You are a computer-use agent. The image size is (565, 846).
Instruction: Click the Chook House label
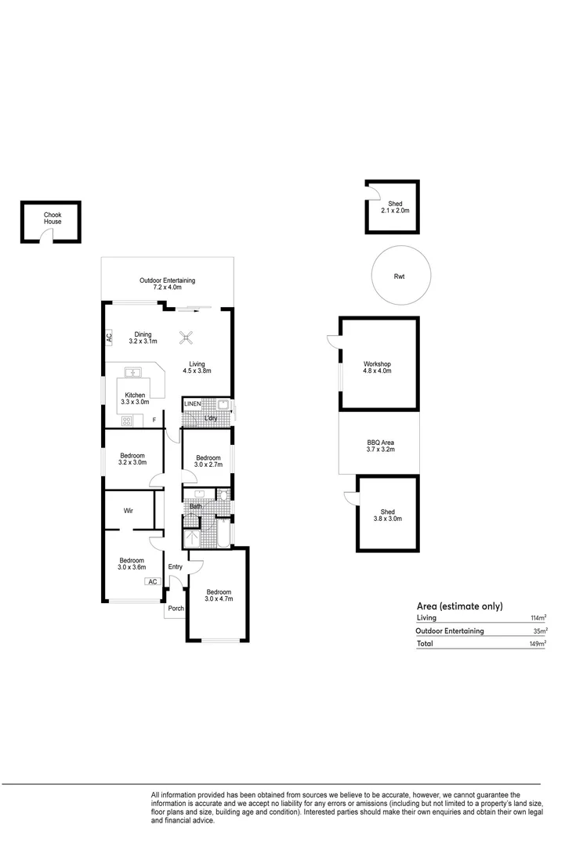[53, 218]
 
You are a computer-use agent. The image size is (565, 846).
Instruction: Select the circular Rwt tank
[400, 276]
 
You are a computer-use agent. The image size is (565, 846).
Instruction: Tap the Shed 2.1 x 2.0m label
[394, 208]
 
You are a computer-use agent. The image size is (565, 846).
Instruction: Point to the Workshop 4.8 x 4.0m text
[377, 367]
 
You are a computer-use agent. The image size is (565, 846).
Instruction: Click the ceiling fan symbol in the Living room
[187, 338]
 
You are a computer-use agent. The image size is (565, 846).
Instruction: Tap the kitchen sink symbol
[133, 372]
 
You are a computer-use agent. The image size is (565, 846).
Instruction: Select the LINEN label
[193, 404]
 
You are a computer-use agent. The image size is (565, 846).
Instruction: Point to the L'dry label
[211, 419]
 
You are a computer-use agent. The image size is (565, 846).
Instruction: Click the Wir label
[128, 511]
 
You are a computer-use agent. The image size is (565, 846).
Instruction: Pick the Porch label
[175, 608]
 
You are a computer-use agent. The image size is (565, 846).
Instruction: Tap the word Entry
[175, 568]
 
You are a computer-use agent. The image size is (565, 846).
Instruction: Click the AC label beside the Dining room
[110, 338]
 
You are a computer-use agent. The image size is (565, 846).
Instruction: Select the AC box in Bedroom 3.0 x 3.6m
[152, 581]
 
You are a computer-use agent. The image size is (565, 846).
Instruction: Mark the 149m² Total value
[538, 644]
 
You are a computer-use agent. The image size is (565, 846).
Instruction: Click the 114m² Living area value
[538, 618]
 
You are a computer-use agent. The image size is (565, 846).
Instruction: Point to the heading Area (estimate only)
[459, 606]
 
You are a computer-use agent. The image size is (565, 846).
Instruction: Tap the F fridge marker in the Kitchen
[154, 421]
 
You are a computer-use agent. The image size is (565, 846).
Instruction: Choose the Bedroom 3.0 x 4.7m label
[219, 595]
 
